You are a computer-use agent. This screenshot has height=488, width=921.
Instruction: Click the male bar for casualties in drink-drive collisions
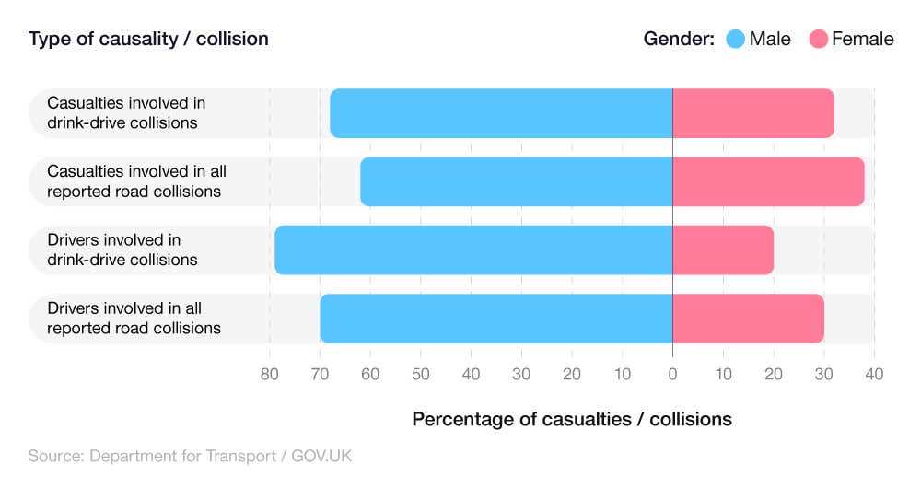tap(501, 113)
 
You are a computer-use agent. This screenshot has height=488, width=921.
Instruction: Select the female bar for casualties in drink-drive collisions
tap(753, 113)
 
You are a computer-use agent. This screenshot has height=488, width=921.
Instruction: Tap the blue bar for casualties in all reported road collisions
tap(516, 181)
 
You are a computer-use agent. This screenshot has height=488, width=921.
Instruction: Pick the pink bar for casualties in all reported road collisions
tap(768, 181)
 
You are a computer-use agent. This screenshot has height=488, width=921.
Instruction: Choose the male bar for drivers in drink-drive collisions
tap(473, 250)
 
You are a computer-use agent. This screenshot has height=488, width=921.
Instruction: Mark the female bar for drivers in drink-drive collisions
tap(723, 250)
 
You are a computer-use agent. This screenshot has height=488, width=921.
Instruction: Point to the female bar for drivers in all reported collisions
tap(748, 319)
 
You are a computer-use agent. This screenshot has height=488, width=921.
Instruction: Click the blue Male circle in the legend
tap(735, 39)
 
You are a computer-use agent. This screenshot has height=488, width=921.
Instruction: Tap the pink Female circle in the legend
tap(818, 39)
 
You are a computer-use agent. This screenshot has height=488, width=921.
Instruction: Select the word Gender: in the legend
tap(679, 39)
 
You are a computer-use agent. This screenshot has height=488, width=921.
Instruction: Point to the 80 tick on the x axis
tap(269, 374)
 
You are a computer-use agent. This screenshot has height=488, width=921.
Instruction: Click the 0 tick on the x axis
tap(672, 374)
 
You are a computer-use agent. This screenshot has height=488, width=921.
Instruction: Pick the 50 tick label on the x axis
tap(420, 374)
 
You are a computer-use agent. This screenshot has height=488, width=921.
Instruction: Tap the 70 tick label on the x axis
tap(320, 374)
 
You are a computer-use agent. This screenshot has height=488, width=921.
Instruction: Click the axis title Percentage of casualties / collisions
tap(571, 419)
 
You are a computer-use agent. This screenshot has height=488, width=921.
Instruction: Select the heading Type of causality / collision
tap(148, 39)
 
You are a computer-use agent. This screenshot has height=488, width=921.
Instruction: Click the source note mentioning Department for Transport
tap(190, 456)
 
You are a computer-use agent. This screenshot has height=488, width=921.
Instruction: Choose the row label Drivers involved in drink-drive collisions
tap(122, 250)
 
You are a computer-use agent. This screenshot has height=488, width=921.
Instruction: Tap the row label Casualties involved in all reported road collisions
tap(136, 181)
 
